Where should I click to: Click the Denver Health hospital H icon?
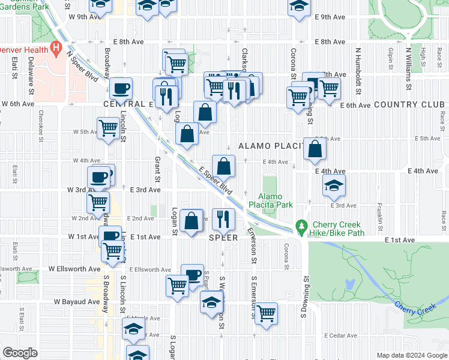pyautogui.click(x=57, y=47)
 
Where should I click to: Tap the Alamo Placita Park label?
pyautogui.click(x=276, y=200)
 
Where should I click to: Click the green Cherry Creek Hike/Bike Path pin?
pyautogui.click(x=301, y=227)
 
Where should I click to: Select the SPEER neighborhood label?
pyautogui.click(x=224, y=238)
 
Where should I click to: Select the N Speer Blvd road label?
pyautogui.click(x=82, y=67)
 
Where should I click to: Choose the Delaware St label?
pyautogui.click(x=29, y=70)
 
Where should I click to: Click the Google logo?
pyautogui.click(x=20, y=353)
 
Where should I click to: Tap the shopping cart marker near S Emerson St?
pyautogui.click(x=266, y=312)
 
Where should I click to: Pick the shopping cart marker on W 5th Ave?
pyautogui.click(x=108, y=127)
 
